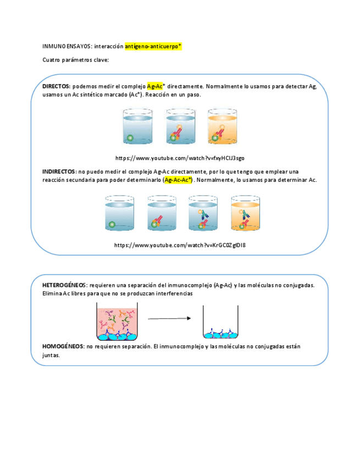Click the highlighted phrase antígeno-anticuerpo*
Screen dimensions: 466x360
pyautogui.click(x=153, y=47)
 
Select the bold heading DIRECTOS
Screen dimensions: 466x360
pyautogui.click(x=56, y=86)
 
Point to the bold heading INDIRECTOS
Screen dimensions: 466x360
pyautogui.click(x=59, y=171)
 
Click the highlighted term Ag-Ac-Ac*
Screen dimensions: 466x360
pyautogui.click(x=179, y=180)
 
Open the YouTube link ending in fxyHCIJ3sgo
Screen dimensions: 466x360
pyautogui.click(x=180, y=158)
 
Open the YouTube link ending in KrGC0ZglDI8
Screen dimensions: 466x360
pyautogui.click(x=180, y=245)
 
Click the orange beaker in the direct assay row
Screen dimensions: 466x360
pyautogui.click(x=223, y=127)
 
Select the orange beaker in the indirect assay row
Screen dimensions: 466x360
pyautogui.click(x=245, y=213)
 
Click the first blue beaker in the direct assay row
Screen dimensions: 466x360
pyautogui.click(x=137, y=127)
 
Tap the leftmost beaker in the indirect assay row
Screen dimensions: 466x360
pyautogui.click(x=119, y=213)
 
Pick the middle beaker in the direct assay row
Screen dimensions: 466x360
pyautogui.click(x=179, y=127)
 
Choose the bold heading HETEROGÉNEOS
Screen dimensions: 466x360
pyautogui.click(x=65, y=285)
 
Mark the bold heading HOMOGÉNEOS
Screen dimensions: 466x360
pyautogui.click(x=63, y=347)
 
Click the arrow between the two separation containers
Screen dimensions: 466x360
pyautogui.click(x=169, y=319)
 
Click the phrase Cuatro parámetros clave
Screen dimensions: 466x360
pyautogui.click(x=76, y=60)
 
